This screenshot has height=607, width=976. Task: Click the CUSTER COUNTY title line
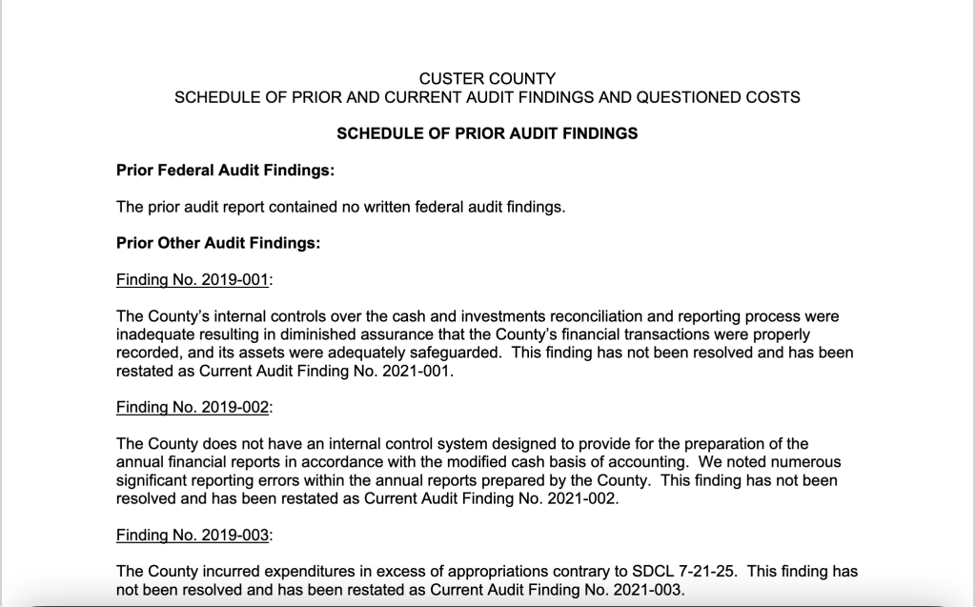point(487,78)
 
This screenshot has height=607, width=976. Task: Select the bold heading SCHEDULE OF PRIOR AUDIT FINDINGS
point(487,133)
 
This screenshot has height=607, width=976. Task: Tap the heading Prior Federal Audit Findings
point(225,171)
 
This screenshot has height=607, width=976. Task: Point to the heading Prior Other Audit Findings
point(218,243)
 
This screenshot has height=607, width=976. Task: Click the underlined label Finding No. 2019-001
point(193,279)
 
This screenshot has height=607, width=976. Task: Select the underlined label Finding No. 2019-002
point(193,407)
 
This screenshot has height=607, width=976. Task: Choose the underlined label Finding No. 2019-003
point(193,535)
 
